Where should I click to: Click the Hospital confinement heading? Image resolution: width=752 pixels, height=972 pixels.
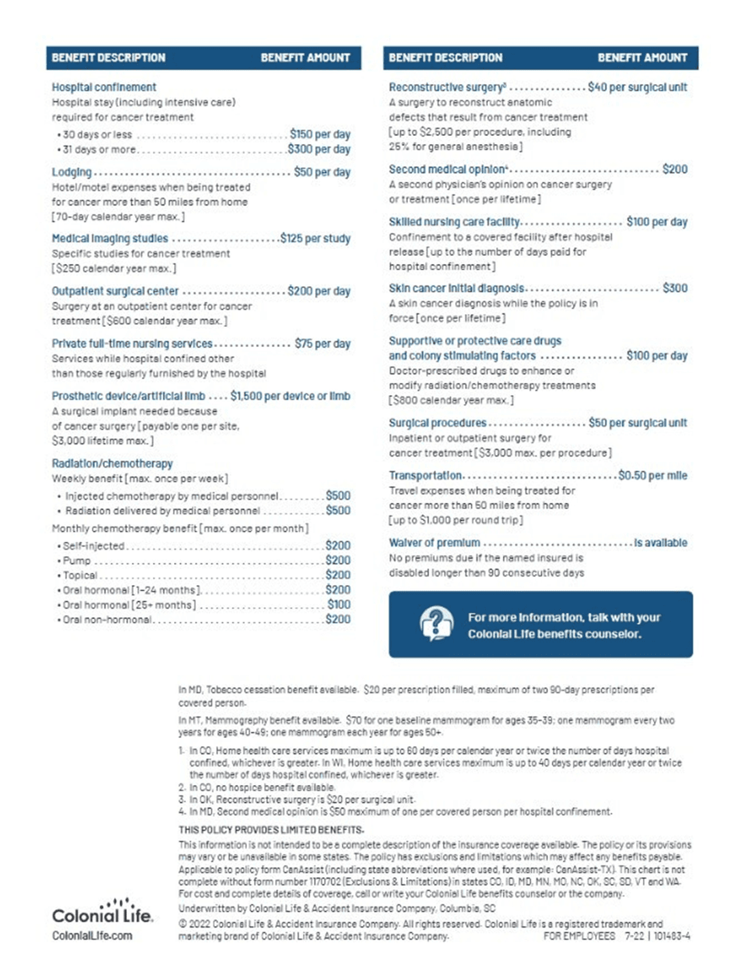coord(104,87)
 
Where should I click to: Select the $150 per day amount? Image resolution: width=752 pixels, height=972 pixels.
coord(319,134)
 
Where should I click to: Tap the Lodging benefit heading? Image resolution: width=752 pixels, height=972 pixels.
coord(72,172)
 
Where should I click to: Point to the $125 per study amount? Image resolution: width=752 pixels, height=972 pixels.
coord(315,238)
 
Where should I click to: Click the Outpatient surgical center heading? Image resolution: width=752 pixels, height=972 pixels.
coord(115,291)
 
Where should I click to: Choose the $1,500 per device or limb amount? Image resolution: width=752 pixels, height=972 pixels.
coord(290,396)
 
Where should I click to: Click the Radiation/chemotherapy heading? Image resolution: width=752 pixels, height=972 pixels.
coord(113,463)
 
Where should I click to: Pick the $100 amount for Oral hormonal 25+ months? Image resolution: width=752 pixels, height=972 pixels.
coord(338,605)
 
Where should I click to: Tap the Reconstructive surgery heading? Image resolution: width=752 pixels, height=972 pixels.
coord(447,87)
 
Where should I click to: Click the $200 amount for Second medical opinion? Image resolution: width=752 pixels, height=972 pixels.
coord(674,169)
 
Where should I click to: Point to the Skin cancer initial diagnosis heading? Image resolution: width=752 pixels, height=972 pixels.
coord(457,288)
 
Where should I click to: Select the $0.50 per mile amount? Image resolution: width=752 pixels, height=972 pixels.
coord(652,476)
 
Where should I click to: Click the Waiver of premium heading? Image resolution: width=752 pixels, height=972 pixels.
coord(435,543)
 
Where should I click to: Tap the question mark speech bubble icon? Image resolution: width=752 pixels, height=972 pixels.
coord(437,623)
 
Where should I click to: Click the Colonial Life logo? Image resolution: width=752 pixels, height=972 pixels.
coord(102,912)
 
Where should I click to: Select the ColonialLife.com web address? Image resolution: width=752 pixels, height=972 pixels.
coord(92,936)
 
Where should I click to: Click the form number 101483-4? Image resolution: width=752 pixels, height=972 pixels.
coord(671,936)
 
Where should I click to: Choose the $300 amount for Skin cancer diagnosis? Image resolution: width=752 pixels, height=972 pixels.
coord(674,288)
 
